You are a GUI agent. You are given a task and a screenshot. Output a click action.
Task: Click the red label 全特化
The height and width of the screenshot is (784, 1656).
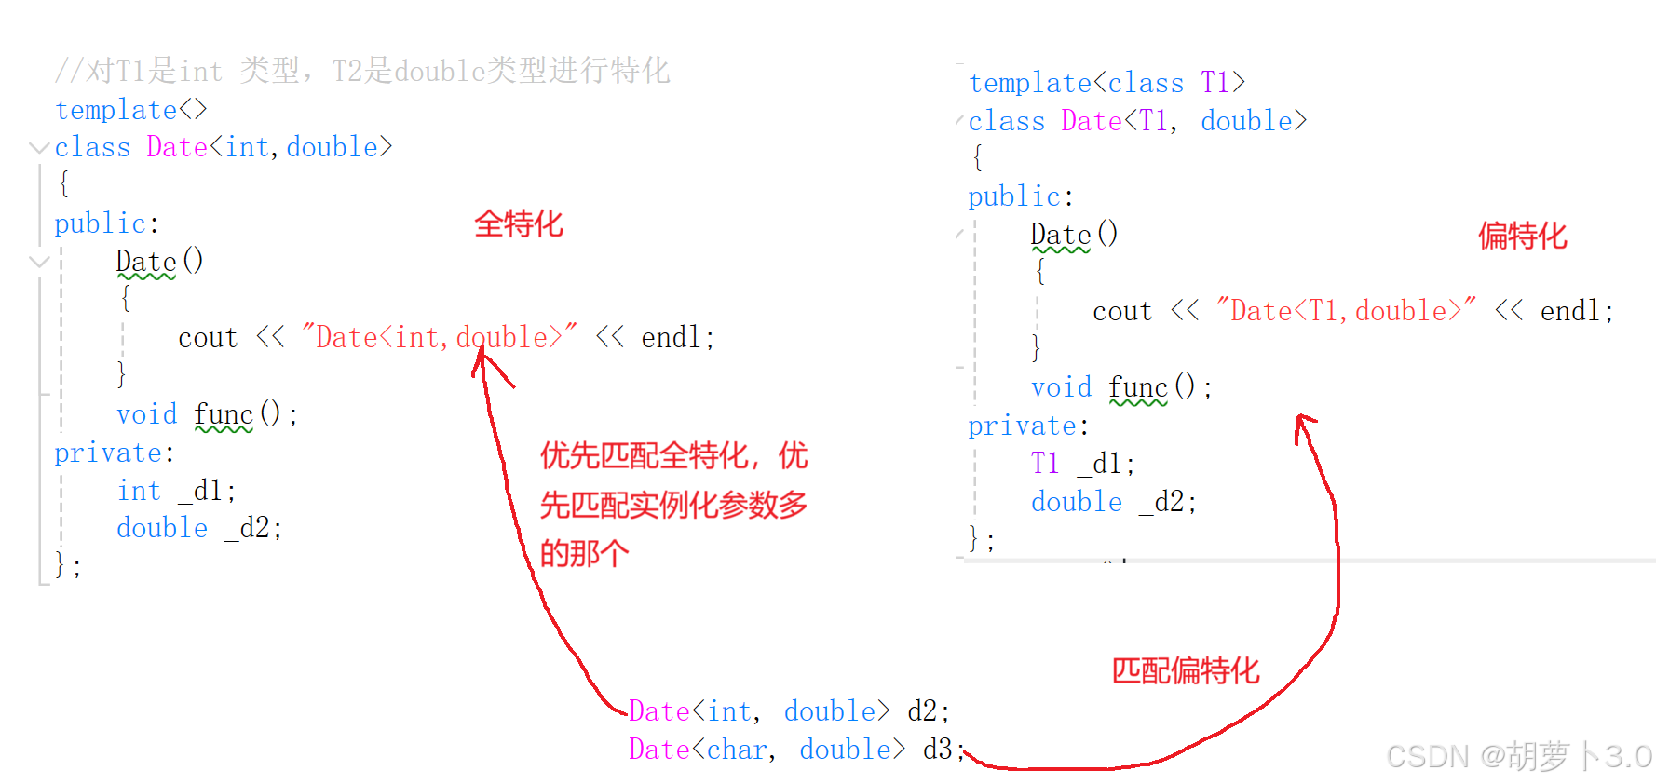point(519,224)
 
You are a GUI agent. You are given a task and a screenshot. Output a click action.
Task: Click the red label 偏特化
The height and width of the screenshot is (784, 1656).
point(1522,237)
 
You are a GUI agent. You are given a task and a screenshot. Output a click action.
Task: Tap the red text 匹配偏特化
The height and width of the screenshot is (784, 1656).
point(1185,670)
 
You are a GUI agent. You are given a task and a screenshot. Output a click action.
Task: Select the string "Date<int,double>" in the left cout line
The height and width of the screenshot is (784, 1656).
point(439,337)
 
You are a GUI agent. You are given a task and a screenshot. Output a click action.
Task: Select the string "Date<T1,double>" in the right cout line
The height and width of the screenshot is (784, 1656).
point(1346,310)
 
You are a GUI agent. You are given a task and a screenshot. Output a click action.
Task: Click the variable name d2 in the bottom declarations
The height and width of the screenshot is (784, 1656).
point(923,711)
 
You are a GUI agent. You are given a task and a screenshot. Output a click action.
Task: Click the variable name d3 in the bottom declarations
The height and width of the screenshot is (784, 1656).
point(937,750)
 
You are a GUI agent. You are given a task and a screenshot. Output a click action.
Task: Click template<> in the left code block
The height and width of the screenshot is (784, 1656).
point(130,110)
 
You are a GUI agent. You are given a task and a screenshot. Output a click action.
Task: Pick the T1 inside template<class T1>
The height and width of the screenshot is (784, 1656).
point(1215,83)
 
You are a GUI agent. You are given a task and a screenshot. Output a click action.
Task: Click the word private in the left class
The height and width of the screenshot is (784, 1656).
point(108,453)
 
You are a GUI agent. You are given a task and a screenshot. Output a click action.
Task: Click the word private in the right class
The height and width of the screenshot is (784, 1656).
point(1022,426)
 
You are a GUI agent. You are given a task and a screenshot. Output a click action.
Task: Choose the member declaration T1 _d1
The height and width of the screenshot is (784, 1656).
point(1081,464)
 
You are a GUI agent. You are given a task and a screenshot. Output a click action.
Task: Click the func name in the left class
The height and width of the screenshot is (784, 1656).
point(224,414)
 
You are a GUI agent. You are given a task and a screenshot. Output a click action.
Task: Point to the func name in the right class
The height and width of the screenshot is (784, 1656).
point(1137,387)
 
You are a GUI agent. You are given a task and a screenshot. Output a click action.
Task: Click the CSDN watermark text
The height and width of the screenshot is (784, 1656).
point(1518,756)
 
